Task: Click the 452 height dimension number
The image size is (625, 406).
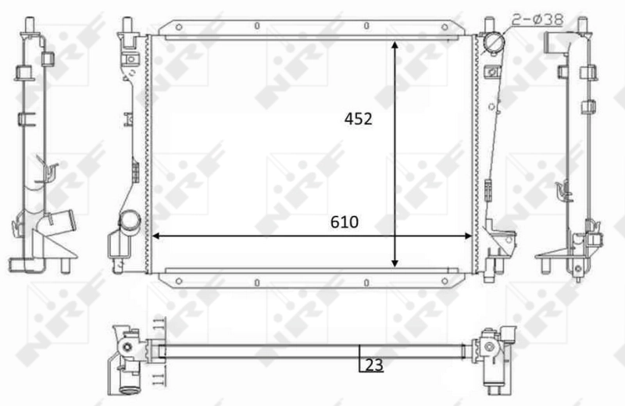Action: point(357,119)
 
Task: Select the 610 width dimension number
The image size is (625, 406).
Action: point(344,222)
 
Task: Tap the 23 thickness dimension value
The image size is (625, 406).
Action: point(375,364)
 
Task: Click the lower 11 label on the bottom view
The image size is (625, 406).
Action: point(159,379)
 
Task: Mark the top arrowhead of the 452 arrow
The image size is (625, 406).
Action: point(396,43)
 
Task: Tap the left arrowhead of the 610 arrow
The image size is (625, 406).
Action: point(155,235)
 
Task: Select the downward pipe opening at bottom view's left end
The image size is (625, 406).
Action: point(128,384)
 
